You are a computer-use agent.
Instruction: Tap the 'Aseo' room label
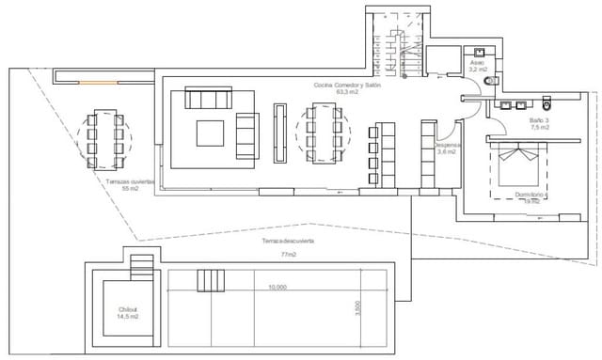click(x=477, y=61)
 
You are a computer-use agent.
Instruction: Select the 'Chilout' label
click(x=128, y=309)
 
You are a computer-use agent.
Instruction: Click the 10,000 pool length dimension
click(x=277, y=288)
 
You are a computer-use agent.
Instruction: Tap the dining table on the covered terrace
click(x=105, y=138)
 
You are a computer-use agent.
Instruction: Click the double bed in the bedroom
click(x=518, y=166)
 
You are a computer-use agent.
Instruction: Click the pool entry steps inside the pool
click(x=211, y=281)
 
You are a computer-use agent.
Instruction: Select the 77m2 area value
click(x=288, y=255)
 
